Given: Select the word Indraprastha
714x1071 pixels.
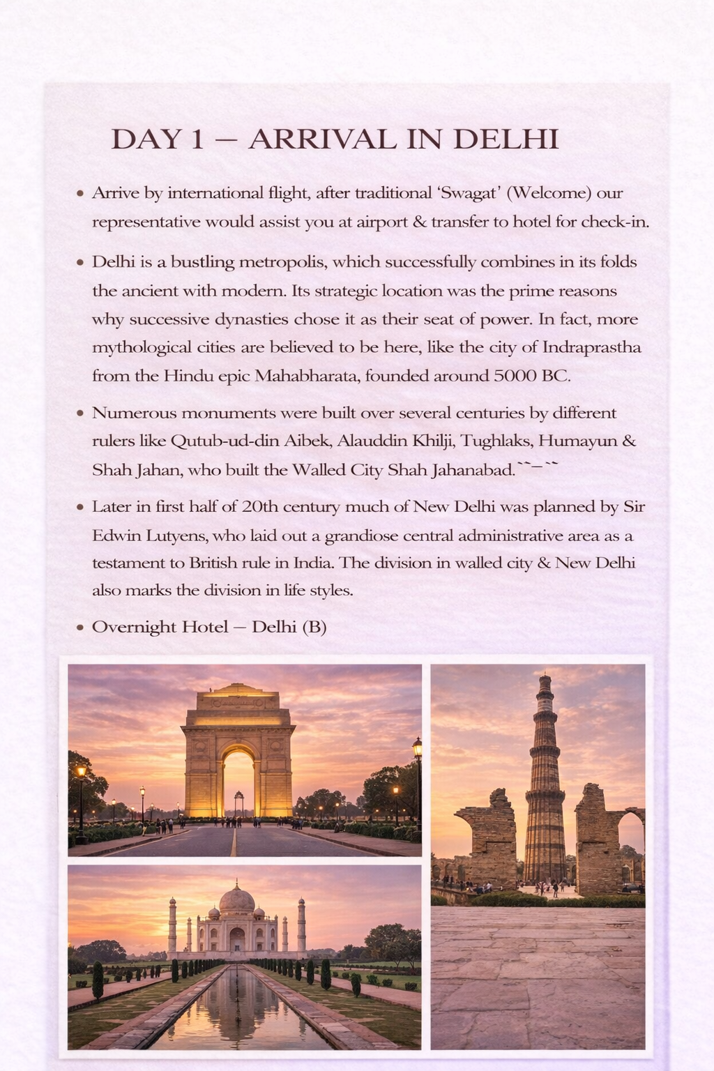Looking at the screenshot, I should coord(592,347).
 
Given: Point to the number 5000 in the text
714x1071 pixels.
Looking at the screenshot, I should coord(515,377).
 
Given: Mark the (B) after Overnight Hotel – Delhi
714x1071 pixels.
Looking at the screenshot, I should coord(314,627).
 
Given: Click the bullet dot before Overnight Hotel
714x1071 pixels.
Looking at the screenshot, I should coord(80,628).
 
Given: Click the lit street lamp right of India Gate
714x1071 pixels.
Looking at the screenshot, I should coord(417,749).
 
